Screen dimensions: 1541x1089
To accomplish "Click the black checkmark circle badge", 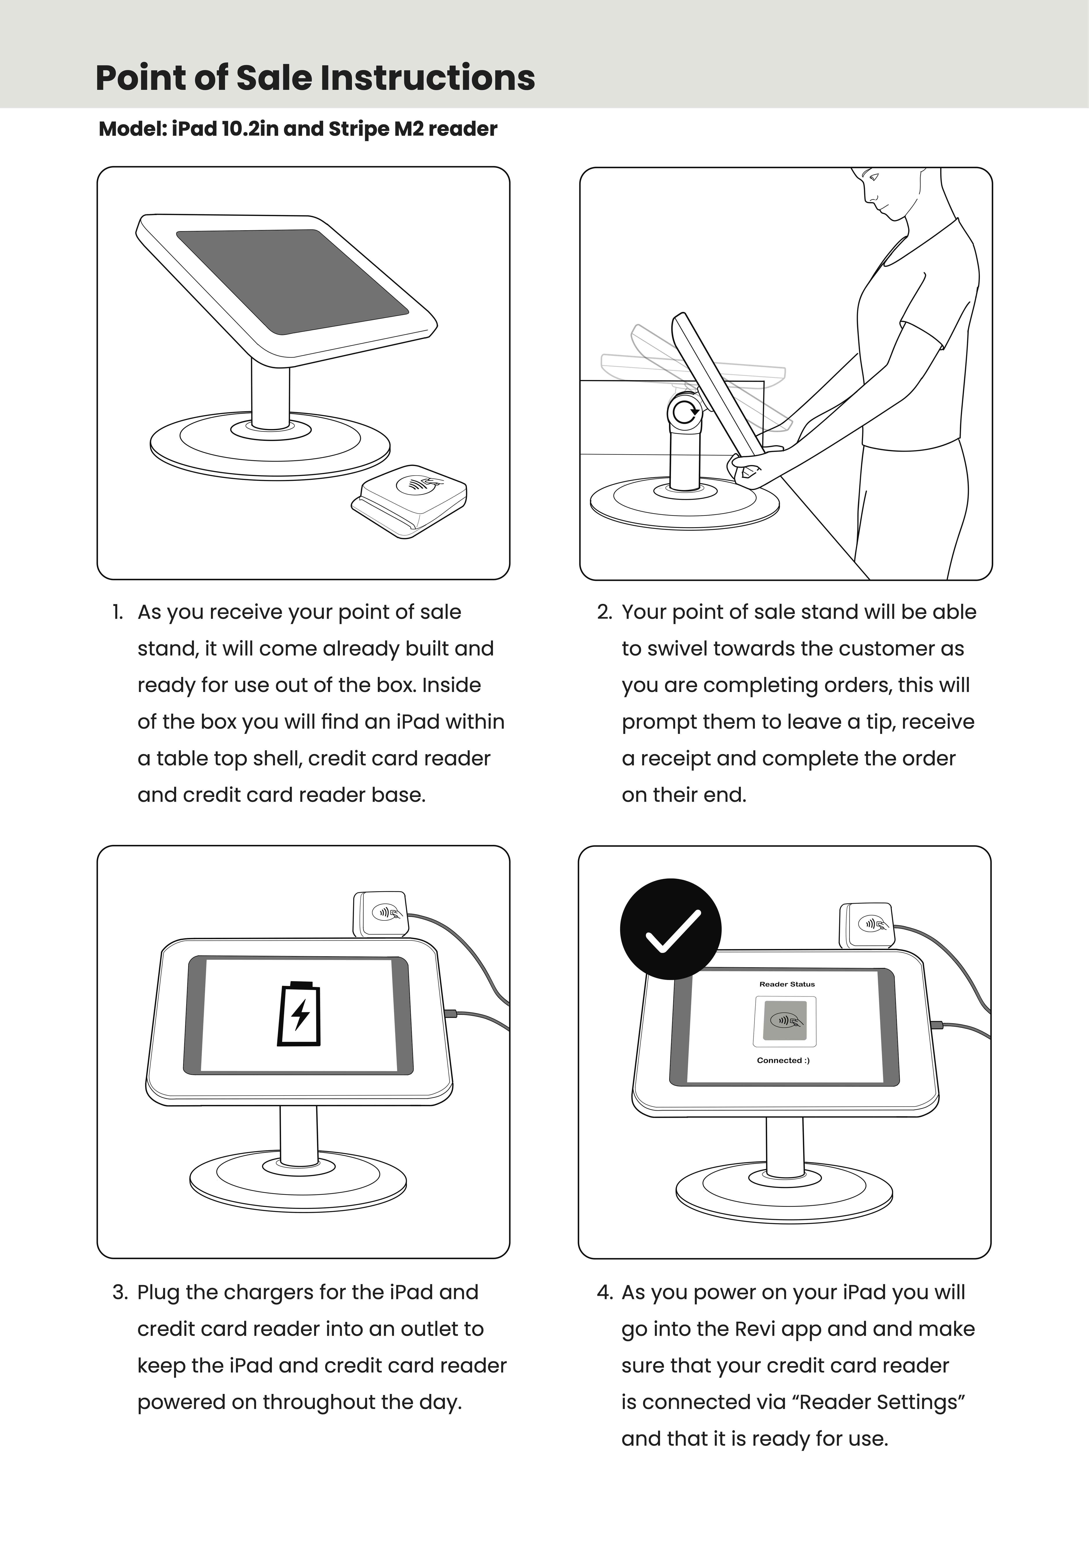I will pyautogui.click(x=670, y=929).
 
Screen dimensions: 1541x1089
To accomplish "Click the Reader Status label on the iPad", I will pyautogui.click(x=786, y=984).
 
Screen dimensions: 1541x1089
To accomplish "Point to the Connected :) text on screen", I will pyautogui.click(x=783, y=1060).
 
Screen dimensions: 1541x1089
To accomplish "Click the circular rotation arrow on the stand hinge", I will pyautogui.click(x=685, y=412).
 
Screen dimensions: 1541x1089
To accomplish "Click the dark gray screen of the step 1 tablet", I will pyautogui.click(x=292, y=281).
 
